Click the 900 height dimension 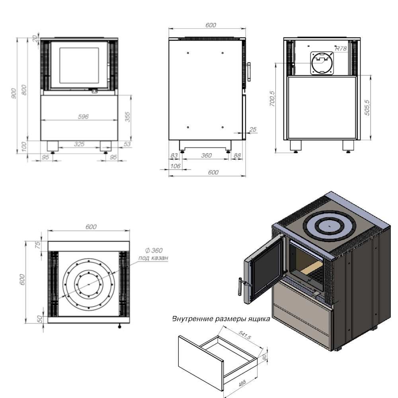14,94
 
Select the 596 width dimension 83,117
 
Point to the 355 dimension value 128,117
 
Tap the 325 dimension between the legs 79,144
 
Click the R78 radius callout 341,49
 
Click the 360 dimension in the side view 206,156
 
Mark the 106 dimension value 175,166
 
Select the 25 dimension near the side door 253,129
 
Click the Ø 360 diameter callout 154,251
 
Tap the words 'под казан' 153,258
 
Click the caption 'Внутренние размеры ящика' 221,319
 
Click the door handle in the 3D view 240,286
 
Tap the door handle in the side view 248,72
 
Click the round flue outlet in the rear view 322,63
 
